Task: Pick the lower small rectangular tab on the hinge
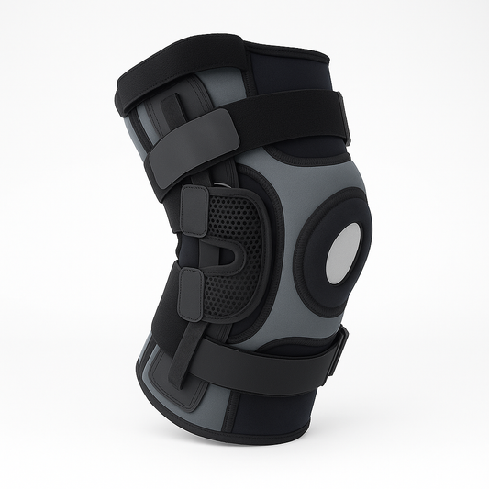pyautogui.click(x=191, y=295)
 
